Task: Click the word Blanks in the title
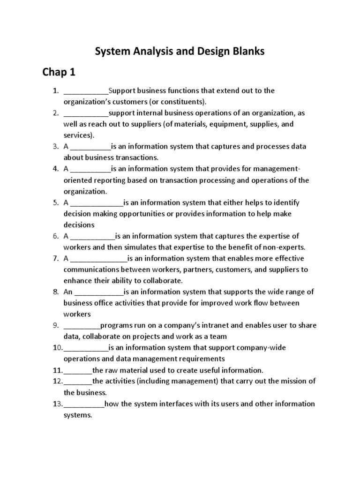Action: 247,52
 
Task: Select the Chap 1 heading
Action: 59,72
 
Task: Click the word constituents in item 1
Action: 180,102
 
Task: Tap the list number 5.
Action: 55,202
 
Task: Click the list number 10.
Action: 57,348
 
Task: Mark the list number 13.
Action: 57,404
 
